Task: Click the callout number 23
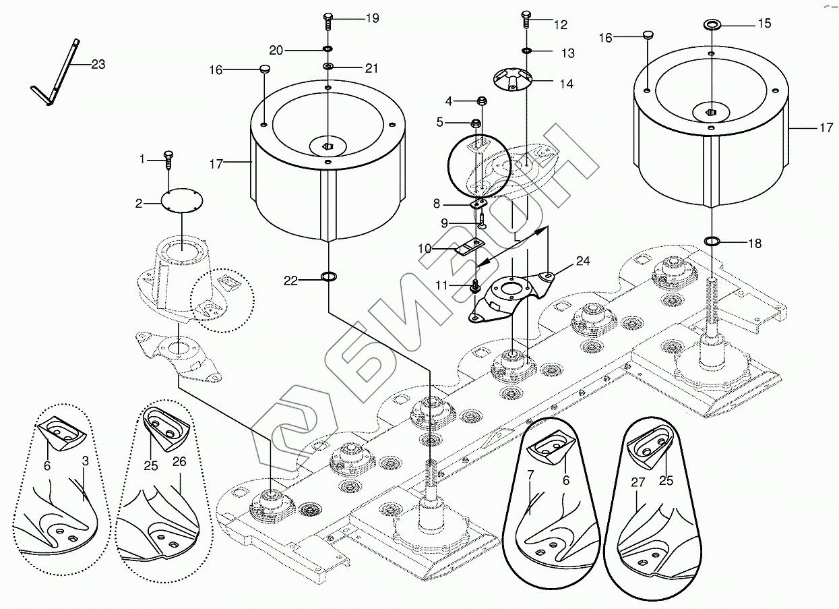pyautogui.click(x=98, y=65)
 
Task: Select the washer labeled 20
pyautogui.click(x=328, y=49)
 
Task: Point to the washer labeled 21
pyautogui.click(x=328, y=67)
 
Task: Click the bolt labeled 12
pyautogui.click(x=526, y=19)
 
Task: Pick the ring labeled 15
pyautogui.click(x=710, y=26)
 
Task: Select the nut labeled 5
pyautogui.click(x=476, y=123)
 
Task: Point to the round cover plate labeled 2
pyautogui.click(x=182, y=200)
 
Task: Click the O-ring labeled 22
pyautogui.click(x=328, y=277)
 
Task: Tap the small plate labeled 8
pyautogui.click(x=477, y=204)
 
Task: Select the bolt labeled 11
pyautogui.click(x=476, y=286)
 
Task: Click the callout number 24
pyautogui.click(x=583, y=261)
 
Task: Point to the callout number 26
pyautogui.click(x=179, y=461)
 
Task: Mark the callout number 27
pyautogui.click(x=638, y=482)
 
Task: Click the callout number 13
pyautogui.click(x=568, y=53)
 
